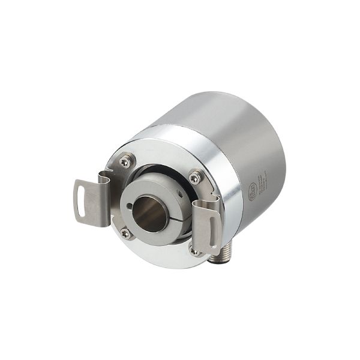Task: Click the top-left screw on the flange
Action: (126, 160)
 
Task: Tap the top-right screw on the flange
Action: (195, 177)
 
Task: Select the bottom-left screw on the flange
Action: (125, 233)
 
